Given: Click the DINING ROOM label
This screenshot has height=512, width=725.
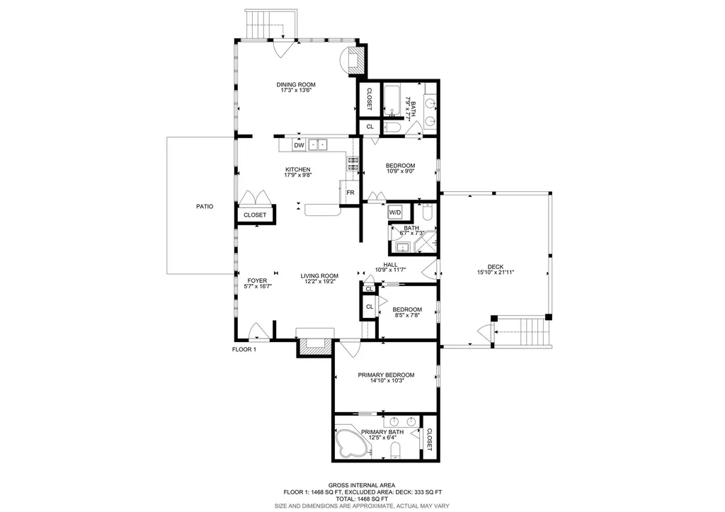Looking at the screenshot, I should tap(295, 85).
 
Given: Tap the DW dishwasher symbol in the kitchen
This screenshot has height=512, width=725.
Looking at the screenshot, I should tap(299, 145).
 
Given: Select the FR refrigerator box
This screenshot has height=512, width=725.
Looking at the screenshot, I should tap(350, 192).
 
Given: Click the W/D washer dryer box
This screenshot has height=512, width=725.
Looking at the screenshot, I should tap(395, 212).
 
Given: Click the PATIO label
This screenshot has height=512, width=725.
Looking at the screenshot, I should tap(205, 207).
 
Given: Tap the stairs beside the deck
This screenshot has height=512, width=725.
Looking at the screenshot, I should tap(525, 331).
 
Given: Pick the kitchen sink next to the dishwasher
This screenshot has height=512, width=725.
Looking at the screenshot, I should tap(318, 145).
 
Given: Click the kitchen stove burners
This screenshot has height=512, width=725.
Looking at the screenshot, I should tap(353, 164).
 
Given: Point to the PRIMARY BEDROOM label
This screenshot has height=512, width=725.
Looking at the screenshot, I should tap(386, 375).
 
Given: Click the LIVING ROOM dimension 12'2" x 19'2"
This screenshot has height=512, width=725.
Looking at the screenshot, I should tap(319, 282).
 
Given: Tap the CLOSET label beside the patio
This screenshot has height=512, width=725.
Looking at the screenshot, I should tap(255, 215).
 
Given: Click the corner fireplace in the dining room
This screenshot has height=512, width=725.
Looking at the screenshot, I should tap(353, 59).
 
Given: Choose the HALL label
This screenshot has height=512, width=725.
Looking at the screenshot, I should tap(389, 263).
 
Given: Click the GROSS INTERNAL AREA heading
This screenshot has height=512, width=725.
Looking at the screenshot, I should tap(362, 484).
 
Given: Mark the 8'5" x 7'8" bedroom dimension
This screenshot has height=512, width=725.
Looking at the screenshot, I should tap(407, 316).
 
